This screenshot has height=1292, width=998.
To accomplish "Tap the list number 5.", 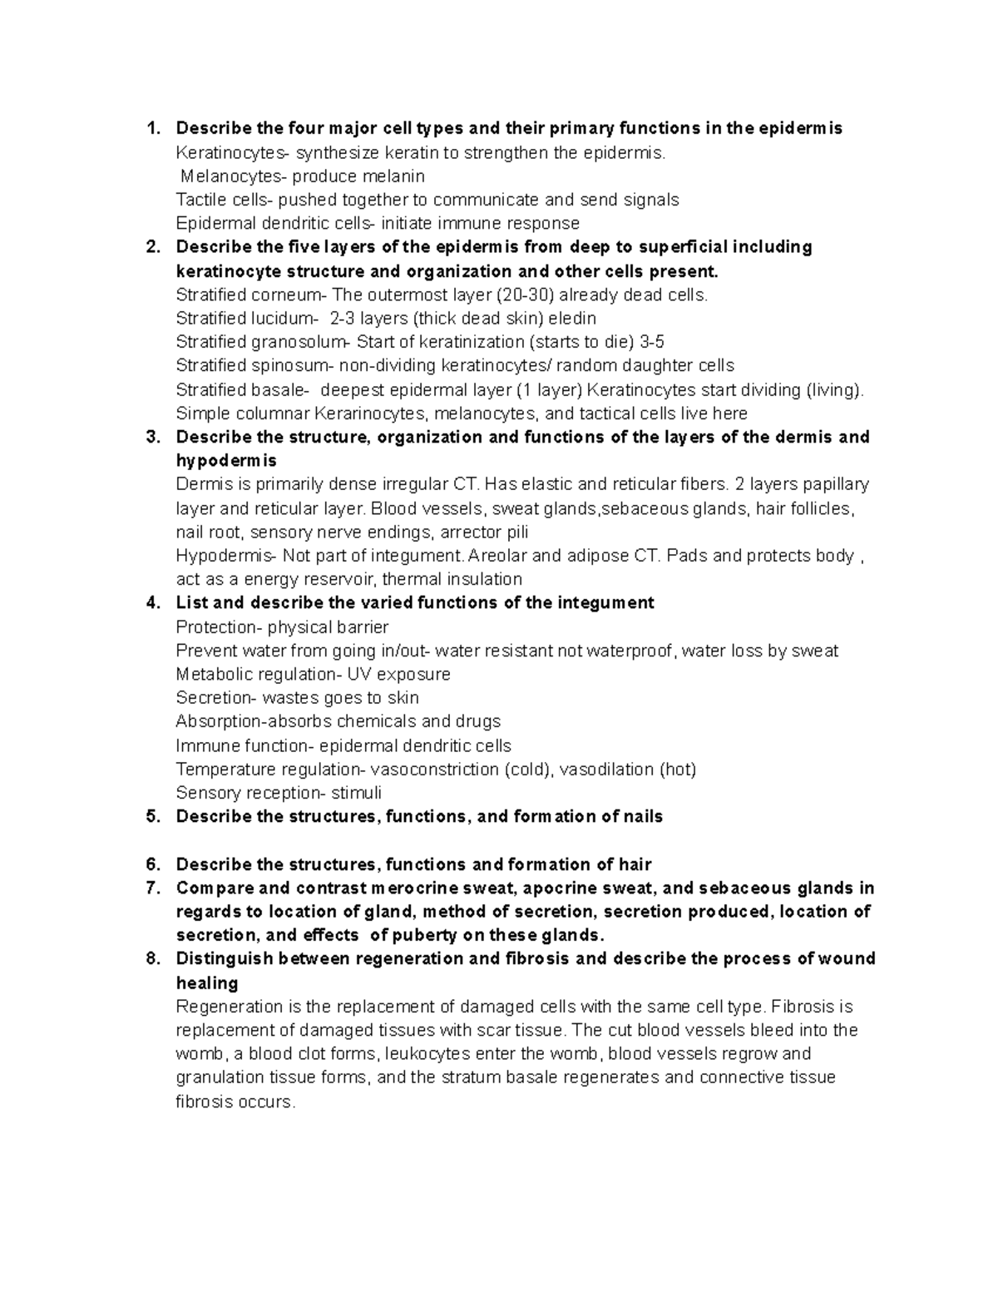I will (x=152, y=817).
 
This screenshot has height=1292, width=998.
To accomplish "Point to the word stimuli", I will (x=356, y=793).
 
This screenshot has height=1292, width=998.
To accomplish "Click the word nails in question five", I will (x=642, y=817).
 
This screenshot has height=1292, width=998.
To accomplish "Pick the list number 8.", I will (x=152, y=958).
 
